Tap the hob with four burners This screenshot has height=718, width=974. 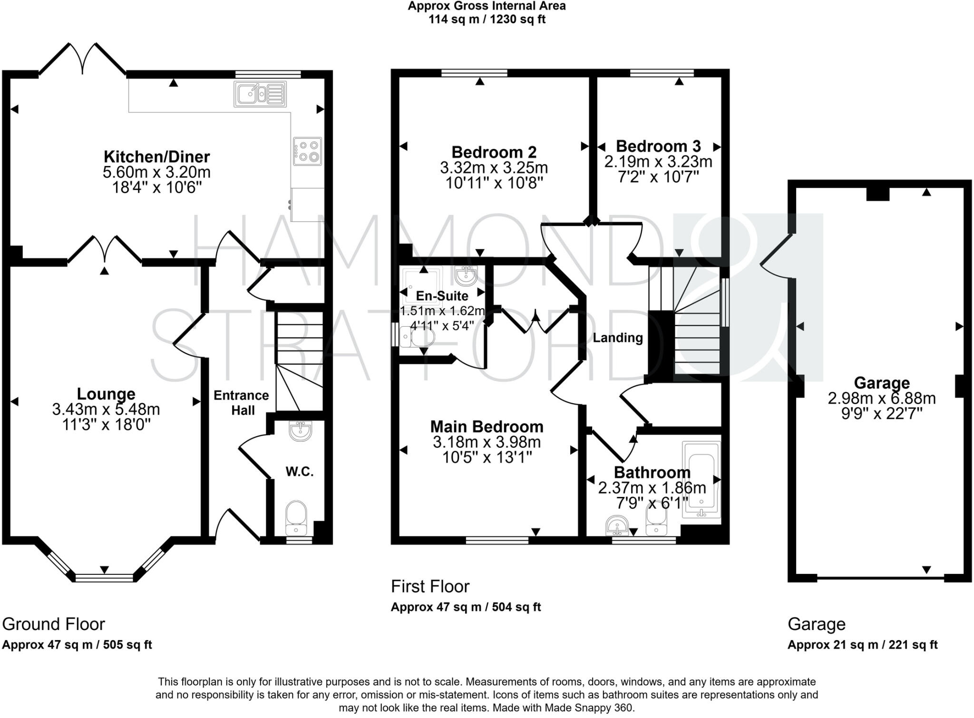[307, 151]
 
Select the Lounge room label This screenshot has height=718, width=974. [106, 394]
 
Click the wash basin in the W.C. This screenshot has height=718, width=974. [300, 431]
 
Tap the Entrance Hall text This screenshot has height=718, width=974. [242, 402]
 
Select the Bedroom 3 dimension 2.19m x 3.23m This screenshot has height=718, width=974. [658, 162]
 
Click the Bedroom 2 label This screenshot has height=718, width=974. [494, 152]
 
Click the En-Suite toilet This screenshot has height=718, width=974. [419, 338]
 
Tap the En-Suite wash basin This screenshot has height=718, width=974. [465, 275]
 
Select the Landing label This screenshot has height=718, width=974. [617, 338]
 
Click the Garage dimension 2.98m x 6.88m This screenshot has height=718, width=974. [882, 398]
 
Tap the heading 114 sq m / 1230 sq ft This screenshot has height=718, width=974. [487, 19]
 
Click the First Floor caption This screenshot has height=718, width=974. [430, 586]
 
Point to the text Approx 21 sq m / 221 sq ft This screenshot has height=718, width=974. [862, 645]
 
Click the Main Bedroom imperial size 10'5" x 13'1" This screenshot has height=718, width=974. [487, 457]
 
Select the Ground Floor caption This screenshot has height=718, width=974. [53, 624]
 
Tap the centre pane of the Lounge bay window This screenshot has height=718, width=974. [105, 578]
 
